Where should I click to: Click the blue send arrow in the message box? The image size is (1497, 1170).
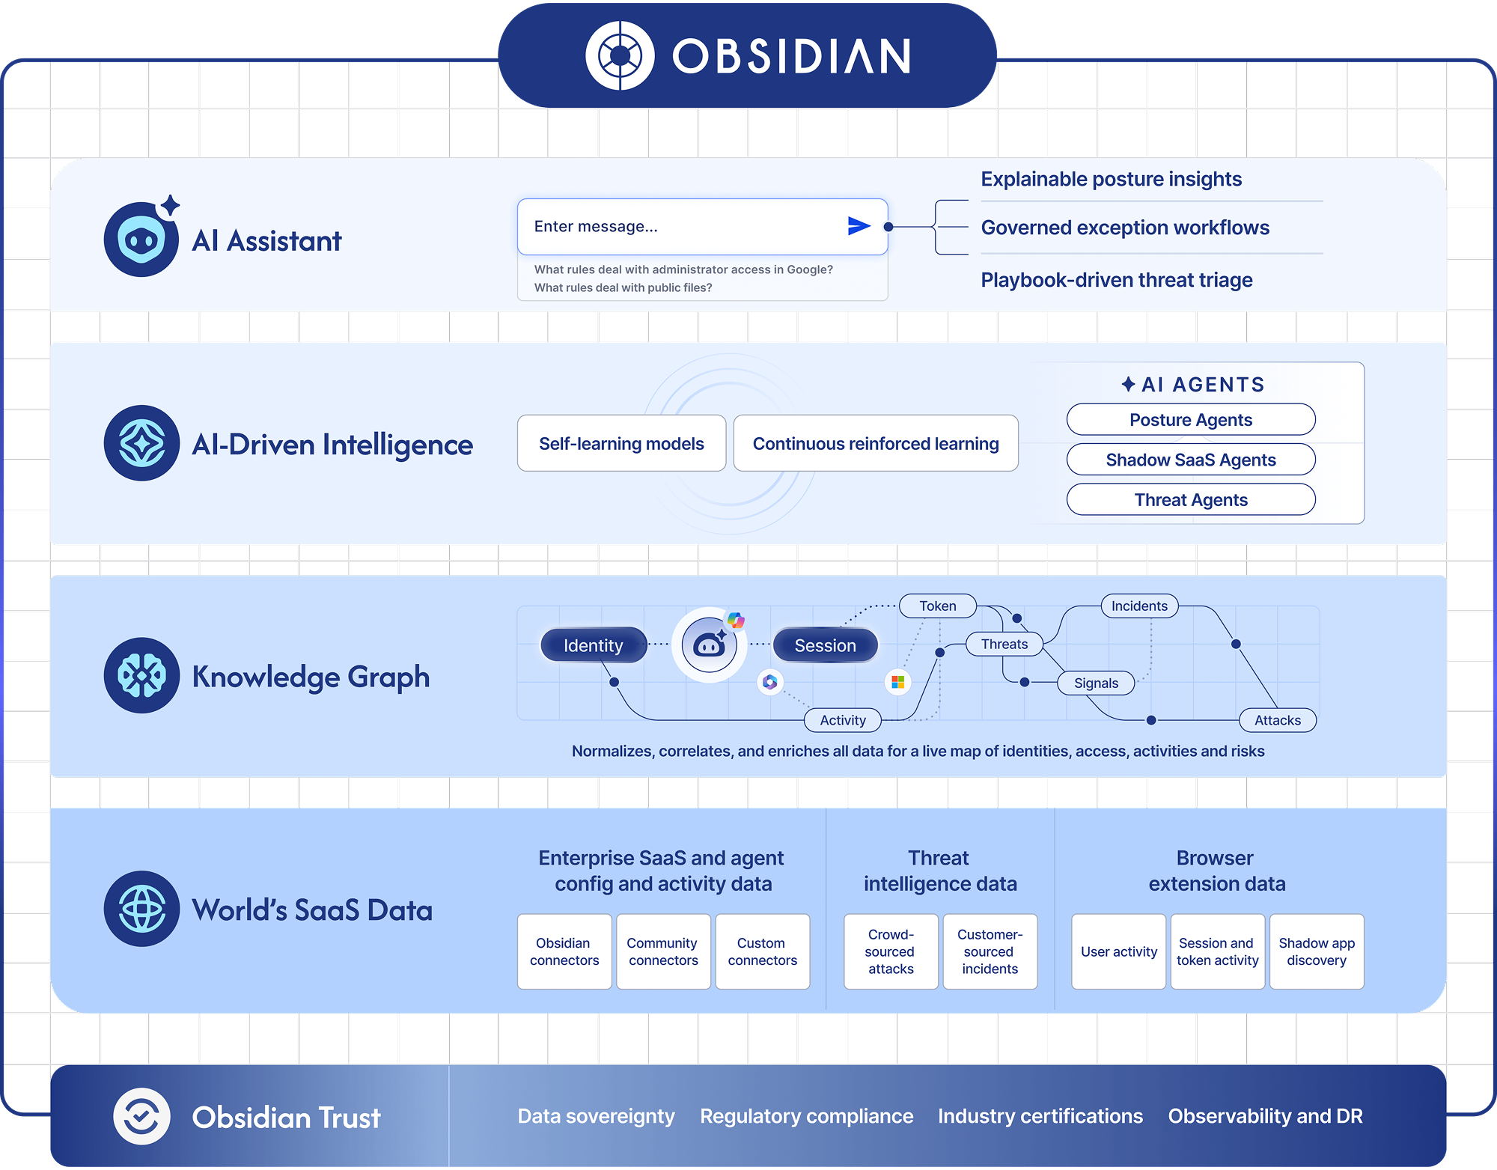pyautogui.click(x=859, y=226)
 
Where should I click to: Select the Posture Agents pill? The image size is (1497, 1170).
pyautogui.click(x=1190, y=420)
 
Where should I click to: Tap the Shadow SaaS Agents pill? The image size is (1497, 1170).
pyautogui.click(x=1190, y=460)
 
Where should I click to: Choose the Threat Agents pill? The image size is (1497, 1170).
pyautogui.click(x=1190, y=500)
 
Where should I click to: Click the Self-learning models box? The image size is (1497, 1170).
pyautogui.click(x=621, y=444)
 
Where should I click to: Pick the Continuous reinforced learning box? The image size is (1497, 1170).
pyautogui.click(x=876, y=444)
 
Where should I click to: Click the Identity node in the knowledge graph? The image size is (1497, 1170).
pyautogui.click(x=593, y=645)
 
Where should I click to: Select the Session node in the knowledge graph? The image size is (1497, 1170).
pyautogui.click(x=825, y=645)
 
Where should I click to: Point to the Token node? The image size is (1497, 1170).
pyautogui.click(x=938, y=606)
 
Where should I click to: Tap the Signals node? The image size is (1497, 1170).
pyautogui.click(x=1096, y=683)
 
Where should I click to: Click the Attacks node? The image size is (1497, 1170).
pyautogui.click(x=1278, y=720)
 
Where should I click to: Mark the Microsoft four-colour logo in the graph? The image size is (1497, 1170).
pyautogui.click(x=898, y=682)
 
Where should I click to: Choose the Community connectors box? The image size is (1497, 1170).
pyautogui.click(x=663, y=951)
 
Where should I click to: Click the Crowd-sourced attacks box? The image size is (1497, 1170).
pyautogui.click(x=891, y=951)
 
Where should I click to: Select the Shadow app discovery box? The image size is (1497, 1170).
pyautogui.click(x=1317, y=951)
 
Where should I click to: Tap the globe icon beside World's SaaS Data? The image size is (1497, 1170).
pyautogui.click(x=142, y=909)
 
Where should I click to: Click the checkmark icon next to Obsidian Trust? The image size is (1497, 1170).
pyautogui.click(x=141, y=1117)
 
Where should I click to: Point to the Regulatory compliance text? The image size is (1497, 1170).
pyautogui.click(x=806, y=1116)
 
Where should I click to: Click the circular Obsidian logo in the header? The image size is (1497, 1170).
pyautogui.click(x=620, y=55)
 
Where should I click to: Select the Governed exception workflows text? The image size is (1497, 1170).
pyautogui.click(x=1125, y=228)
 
